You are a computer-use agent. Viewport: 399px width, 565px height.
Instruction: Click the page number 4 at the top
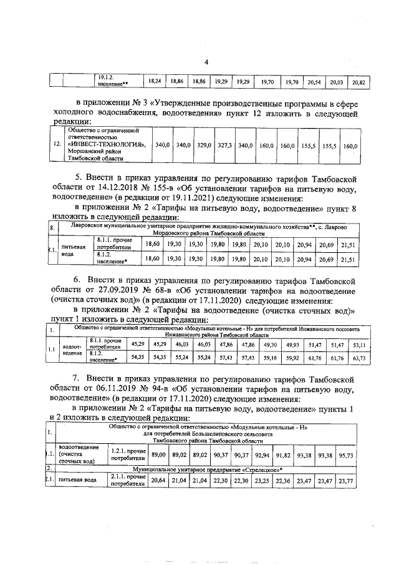pos(207,62)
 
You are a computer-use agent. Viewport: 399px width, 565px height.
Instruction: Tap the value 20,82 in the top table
pos(358,82)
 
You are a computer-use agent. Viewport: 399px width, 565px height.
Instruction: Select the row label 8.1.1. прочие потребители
pos(114,242)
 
